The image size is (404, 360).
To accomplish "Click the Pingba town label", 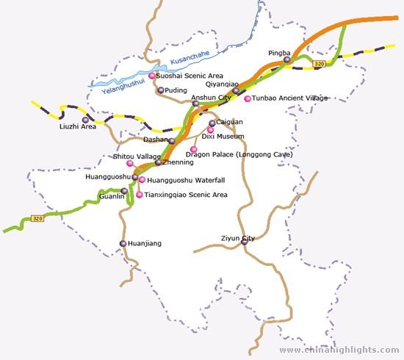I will coord(280,53).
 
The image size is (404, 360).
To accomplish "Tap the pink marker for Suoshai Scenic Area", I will coord(152,76).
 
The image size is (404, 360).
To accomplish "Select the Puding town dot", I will coord(161,90).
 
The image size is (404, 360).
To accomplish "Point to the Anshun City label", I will coord(211,97).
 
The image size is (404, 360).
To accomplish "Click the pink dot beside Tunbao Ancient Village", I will coord(248,98).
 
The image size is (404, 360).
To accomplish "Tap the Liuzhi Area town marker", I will coord(85,120).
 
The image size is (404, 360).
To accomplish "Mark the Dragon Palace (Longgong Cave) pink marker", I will coord(194,149).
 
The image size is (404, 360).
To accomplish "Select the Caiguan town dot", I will coord(212,123).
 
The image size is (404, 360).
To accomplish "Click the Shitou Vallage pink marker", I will coord(130,163).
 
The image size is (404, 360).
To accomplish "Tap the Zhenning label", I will coord(177,162).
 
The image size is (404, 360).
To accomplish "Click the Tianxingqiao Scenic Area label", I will coord(186,195).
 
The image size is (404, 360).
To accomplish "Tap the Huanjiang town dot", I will coord(123,243).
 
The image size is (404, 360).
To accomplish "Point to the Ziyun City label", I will coord(237,239).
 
